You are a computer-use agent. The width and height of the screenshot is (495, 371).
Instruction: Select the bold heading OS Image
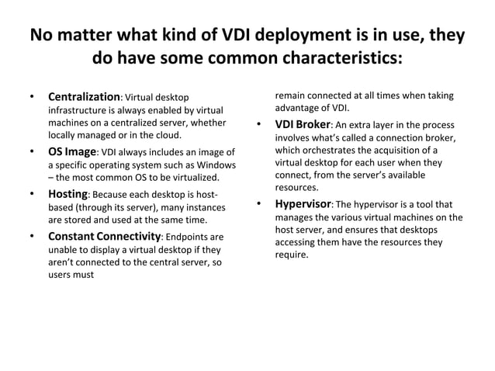click(71, 151)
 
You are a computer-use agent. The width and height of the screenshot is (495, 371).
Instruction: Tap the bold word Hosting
click(68, 194)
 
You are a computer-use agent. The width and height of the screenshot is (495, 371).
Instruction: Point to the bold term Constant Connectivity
click(104, 236)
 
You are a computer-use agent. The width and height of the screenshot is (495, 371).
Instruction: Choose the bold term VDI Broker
click(303, 125)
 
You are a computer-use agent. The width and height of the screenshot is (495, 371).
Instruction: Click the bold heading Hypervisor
click(303, 204)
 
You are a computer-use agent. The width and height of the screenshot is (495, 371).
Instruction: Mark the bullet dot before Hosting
click(32, 194)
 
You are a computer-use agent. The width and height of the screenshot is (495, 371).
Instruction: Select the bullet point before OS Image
click(32, 151)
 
